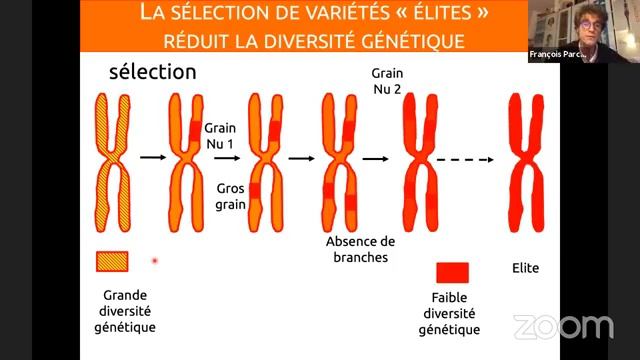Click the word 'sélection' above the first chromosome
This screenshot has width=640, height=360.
[x=153, y=72]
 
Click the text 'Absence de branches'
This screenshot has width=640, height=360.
[x=361, y=249]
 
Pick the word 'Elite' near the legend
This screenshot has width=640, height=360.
[x=526, y=269]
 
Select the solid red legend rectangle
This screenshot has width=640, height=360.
[x=453, y=272]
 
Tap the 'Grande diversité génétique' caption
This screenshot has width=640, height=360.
[x=128, y=311]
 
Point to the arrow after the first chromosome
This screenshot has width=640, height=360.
[x=153, y=157]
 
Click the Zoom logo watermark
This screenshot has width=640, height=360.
[x=563, y=327]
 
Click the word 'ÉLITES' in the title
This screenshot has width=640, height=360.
[x=421, y=15]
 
